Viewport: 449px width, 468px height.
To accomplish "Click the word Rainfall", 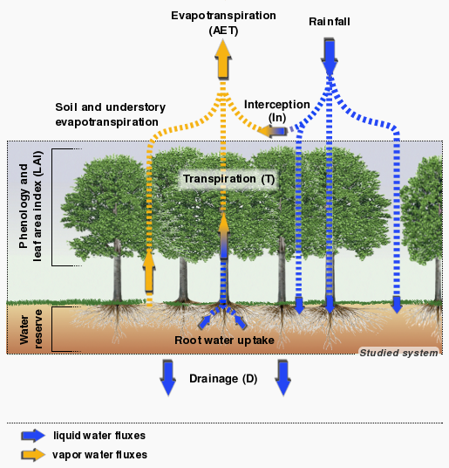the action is (330, 22).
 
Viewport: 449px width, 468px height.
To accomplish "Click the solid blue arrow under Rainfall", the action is (330, 57).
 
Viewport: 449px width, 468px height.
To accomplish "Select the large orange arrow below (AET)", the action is (223, 59).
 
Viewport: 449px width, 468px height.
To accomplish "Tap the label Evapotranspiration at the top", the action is (223, 16).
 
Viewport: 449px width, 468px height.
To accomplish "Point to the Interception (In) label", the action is (277, 111).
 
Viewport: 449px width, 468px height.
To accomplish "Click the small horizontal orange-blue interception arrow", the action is (273, 131).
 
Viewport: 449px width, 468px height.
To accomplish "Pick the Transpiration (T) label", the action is (228, 179).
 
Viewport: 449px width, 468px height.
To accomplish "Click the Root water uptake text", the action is (224, 341).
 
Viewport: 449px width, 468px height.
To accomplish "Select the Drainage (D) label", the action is (223, 379).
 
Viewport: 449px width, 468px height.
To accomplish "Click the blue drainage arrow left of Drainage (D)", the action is (168, 377).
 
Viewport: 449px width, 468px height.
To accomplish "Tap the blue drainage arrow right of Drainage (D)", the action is (283, 377).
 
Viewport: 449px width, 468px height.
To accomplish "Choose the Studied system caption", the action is (398, 353).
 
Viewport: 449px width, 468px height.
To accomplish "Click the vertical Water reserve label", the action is (31, 329).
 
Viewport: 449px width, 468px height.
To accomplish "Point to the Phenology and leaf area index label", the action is (31, 207).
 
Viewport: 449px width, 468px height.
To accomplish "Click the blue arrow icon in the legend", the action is (33, 436).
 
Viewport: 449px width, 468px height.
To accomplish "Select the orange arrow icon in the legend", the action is (33, 455).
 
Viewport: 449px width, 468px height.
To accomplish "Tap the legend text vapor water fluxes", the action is (99, 455).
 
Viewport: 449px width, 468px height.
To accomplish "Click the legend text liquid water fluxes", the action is (99, 436).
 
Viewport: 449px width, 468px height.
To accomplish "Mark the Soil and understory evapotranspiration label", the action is (110, 114).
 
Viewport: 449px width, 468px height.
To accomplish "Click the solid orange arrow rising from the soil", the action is (149, 271).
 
